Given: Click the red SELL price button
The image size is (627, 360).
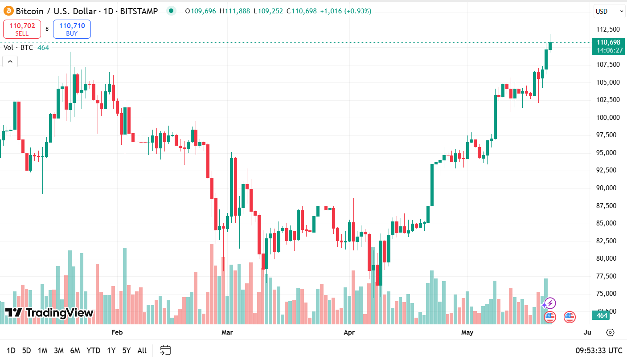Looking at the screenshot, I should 22,29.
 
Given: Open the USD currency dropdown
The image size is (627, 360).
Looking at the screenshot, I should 609,11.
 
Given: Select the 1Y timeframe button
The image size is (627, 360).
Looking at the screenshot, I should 111,351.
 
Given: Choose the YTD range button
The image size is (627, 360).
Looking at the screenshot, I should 93,351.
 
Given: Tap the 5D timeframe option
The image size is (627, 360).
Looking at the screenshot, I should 27,351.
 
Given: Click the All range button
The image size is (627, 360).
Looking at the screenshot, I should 142,351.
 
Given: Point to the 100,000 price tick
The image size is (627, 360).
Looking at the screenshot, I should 608,118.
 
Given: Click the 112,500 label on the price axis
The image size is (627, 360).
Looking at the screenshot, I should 608,29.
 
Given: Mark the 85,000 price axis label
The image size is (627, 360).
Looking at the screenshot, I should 608,223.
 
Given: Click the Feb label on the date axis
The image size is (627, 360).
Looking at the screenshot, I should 117,332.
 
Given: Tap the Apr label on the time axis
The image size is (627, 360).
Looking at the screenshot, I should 349,332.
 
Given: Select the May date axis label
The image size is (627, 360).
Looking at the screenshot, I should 467,332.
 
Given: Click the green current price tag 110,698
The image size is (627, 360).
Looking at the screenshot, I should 608,46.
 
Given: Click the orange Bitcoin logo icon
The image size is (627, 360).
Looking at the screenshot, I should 8,11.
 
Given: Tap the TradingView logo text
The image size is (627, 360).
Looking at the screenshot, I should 49,313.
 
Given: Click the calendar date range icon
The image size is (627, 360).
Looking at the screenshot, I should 165,350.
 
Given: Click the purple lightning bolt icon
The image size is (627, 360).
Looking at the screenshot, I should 550,303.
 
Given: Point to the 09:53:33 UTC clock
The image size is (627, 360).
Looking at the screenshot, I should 598,351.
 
